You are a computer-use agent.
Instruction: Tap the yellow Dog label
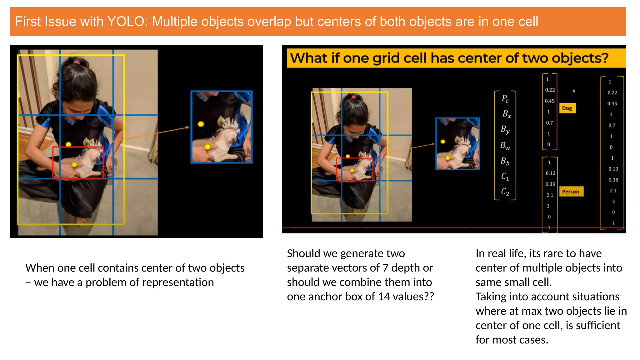[x=567, y=108]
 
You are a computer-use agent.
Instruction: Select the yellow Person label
[x=570, y=192]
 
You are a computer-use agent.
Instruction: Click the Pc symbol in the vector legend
[x=505, y=99]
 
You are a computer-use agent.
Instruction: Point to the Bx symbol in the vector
[x=507, y=114]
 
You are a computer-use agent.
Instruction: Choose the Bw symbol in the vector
[x=505, y=146]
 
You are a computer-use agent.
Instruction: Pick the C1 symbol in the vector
[x=505, y=177]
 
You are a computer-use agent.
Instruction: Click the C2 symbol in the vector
[x=505, y=192]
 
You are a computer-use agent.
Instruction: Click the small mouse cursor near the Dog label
[x=574, y=91]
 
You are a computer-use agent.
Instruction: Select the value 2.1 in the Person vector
[x=550, y=195]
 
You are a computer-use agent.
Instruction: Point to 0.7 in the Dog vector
[x=549, y=123]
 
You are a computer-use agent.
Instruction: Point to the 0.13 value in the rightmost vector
[x=613, y=169]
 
